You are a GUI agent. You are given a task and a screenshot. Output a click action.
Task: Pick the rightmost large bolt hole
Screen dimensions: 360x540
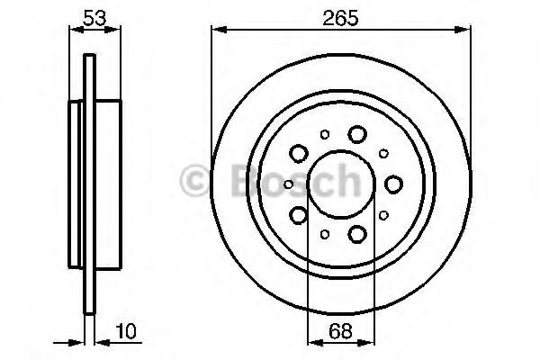(x=393, y=184)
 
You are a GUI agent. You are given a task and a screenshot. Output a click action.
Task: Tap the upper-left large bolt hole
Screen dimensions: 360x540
(x=298, y=153)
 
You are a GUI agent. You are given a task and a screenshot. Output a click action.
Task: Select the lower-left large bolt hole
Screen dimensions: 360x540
(x=298, y=215)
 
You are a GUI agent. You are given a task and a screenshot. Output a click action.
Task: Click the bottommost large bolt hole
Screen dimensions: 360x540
(x=357, y=235)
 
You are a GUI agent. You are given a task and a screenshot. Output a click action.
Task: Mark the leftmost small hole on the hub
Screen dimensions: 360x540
(x=288, y=184)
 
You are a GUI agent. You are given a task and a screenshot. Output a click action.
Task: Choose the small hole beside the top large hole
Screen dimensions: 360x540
(x=324, y=136)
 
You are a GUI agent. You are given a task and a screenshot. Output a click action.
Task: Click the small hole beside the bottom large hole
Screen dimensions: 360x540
(x=324, y=233)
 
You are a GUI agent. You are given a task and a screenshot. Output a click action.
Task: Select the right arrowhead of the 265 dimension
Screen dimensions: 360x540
(x=467, y=31)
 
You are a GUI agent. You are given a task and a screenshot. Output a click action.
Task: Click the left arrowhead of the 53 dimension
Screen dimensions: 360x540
(x=73, y=31)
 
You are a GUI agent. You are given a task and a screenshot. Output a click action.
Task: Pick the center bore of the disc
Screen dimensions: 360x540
(x=340, y=184)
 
